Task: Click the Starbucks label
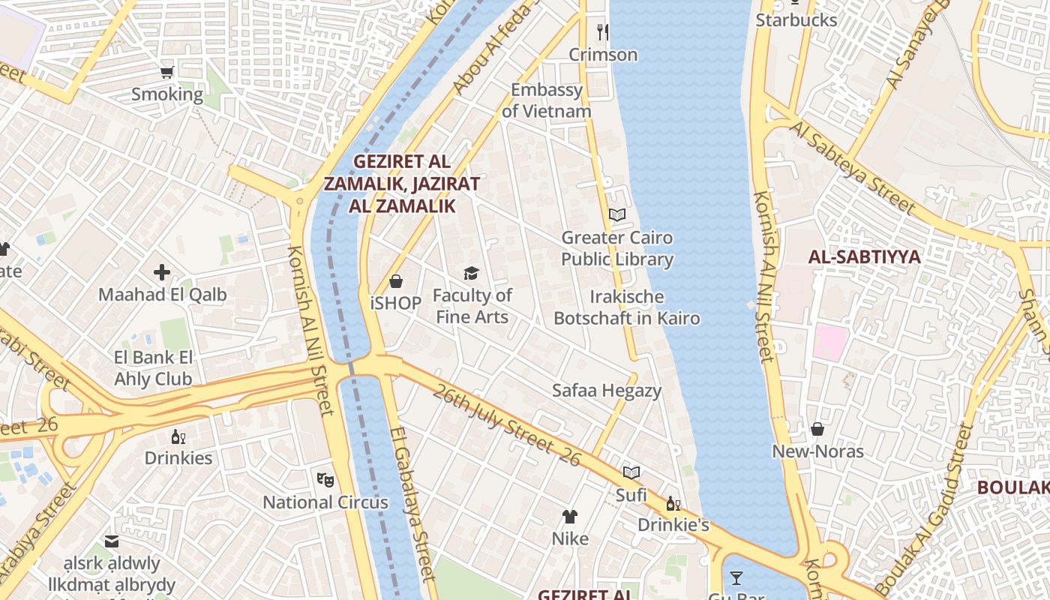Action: tap(796, 20)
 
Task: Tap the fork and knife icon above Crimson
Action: tap(602, 31)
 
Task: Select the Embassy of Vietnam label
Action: tap(547, 100)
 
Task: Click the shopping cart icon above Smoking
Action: tap(167, 73)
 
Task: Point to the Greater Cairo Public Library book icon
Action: tap(617, 215)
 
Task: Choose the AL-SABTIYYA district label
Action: tap(864, 257)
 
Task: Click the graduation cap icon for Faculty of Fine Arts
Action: tap(471, 273)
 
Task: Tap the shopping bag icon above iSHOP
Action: tap(396, 281)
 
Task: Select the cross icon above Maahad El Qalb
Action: tap(162, 272)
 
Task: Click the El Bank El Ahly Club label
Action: tap(154, 368)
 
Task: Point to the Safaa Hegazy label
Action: tap(607, 390)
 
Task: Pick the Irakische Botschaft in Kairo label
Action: tap(627, 307)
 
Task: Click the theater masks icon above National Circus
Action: tap(325, 478)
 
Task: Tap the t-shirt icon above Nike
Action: tap(570, 516)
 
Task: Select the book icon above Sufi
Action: tap(631, 472)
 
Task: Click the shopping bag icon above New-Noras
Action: tap(817, 429)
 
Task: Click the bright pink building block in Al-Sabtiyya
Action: tap(831, 343)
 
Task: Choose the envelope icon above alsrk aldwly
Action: tap(112, 541)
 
